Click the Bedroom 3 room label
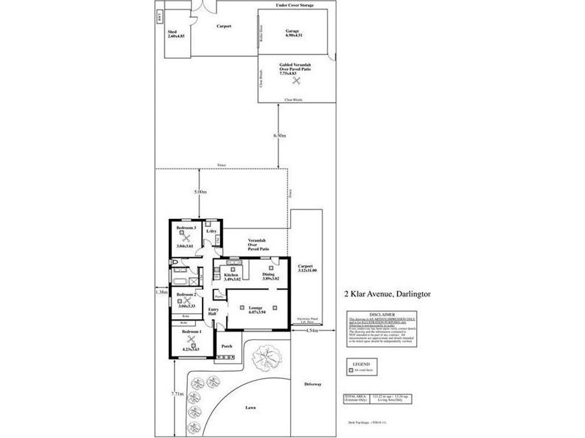tap(186, 228)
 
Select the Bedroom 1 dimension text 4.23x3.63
tap(191, 349)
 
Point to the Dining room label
tap(268, 274)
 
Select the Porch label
tap(227, 346)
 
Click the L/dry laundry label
tap(212, 231)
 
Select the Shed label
tap(173, 32)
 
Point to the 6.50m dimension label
tap(279, 136)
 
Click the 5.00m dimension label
tap(199, 192)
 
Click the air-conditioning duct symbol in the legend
tap(352, 370)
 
